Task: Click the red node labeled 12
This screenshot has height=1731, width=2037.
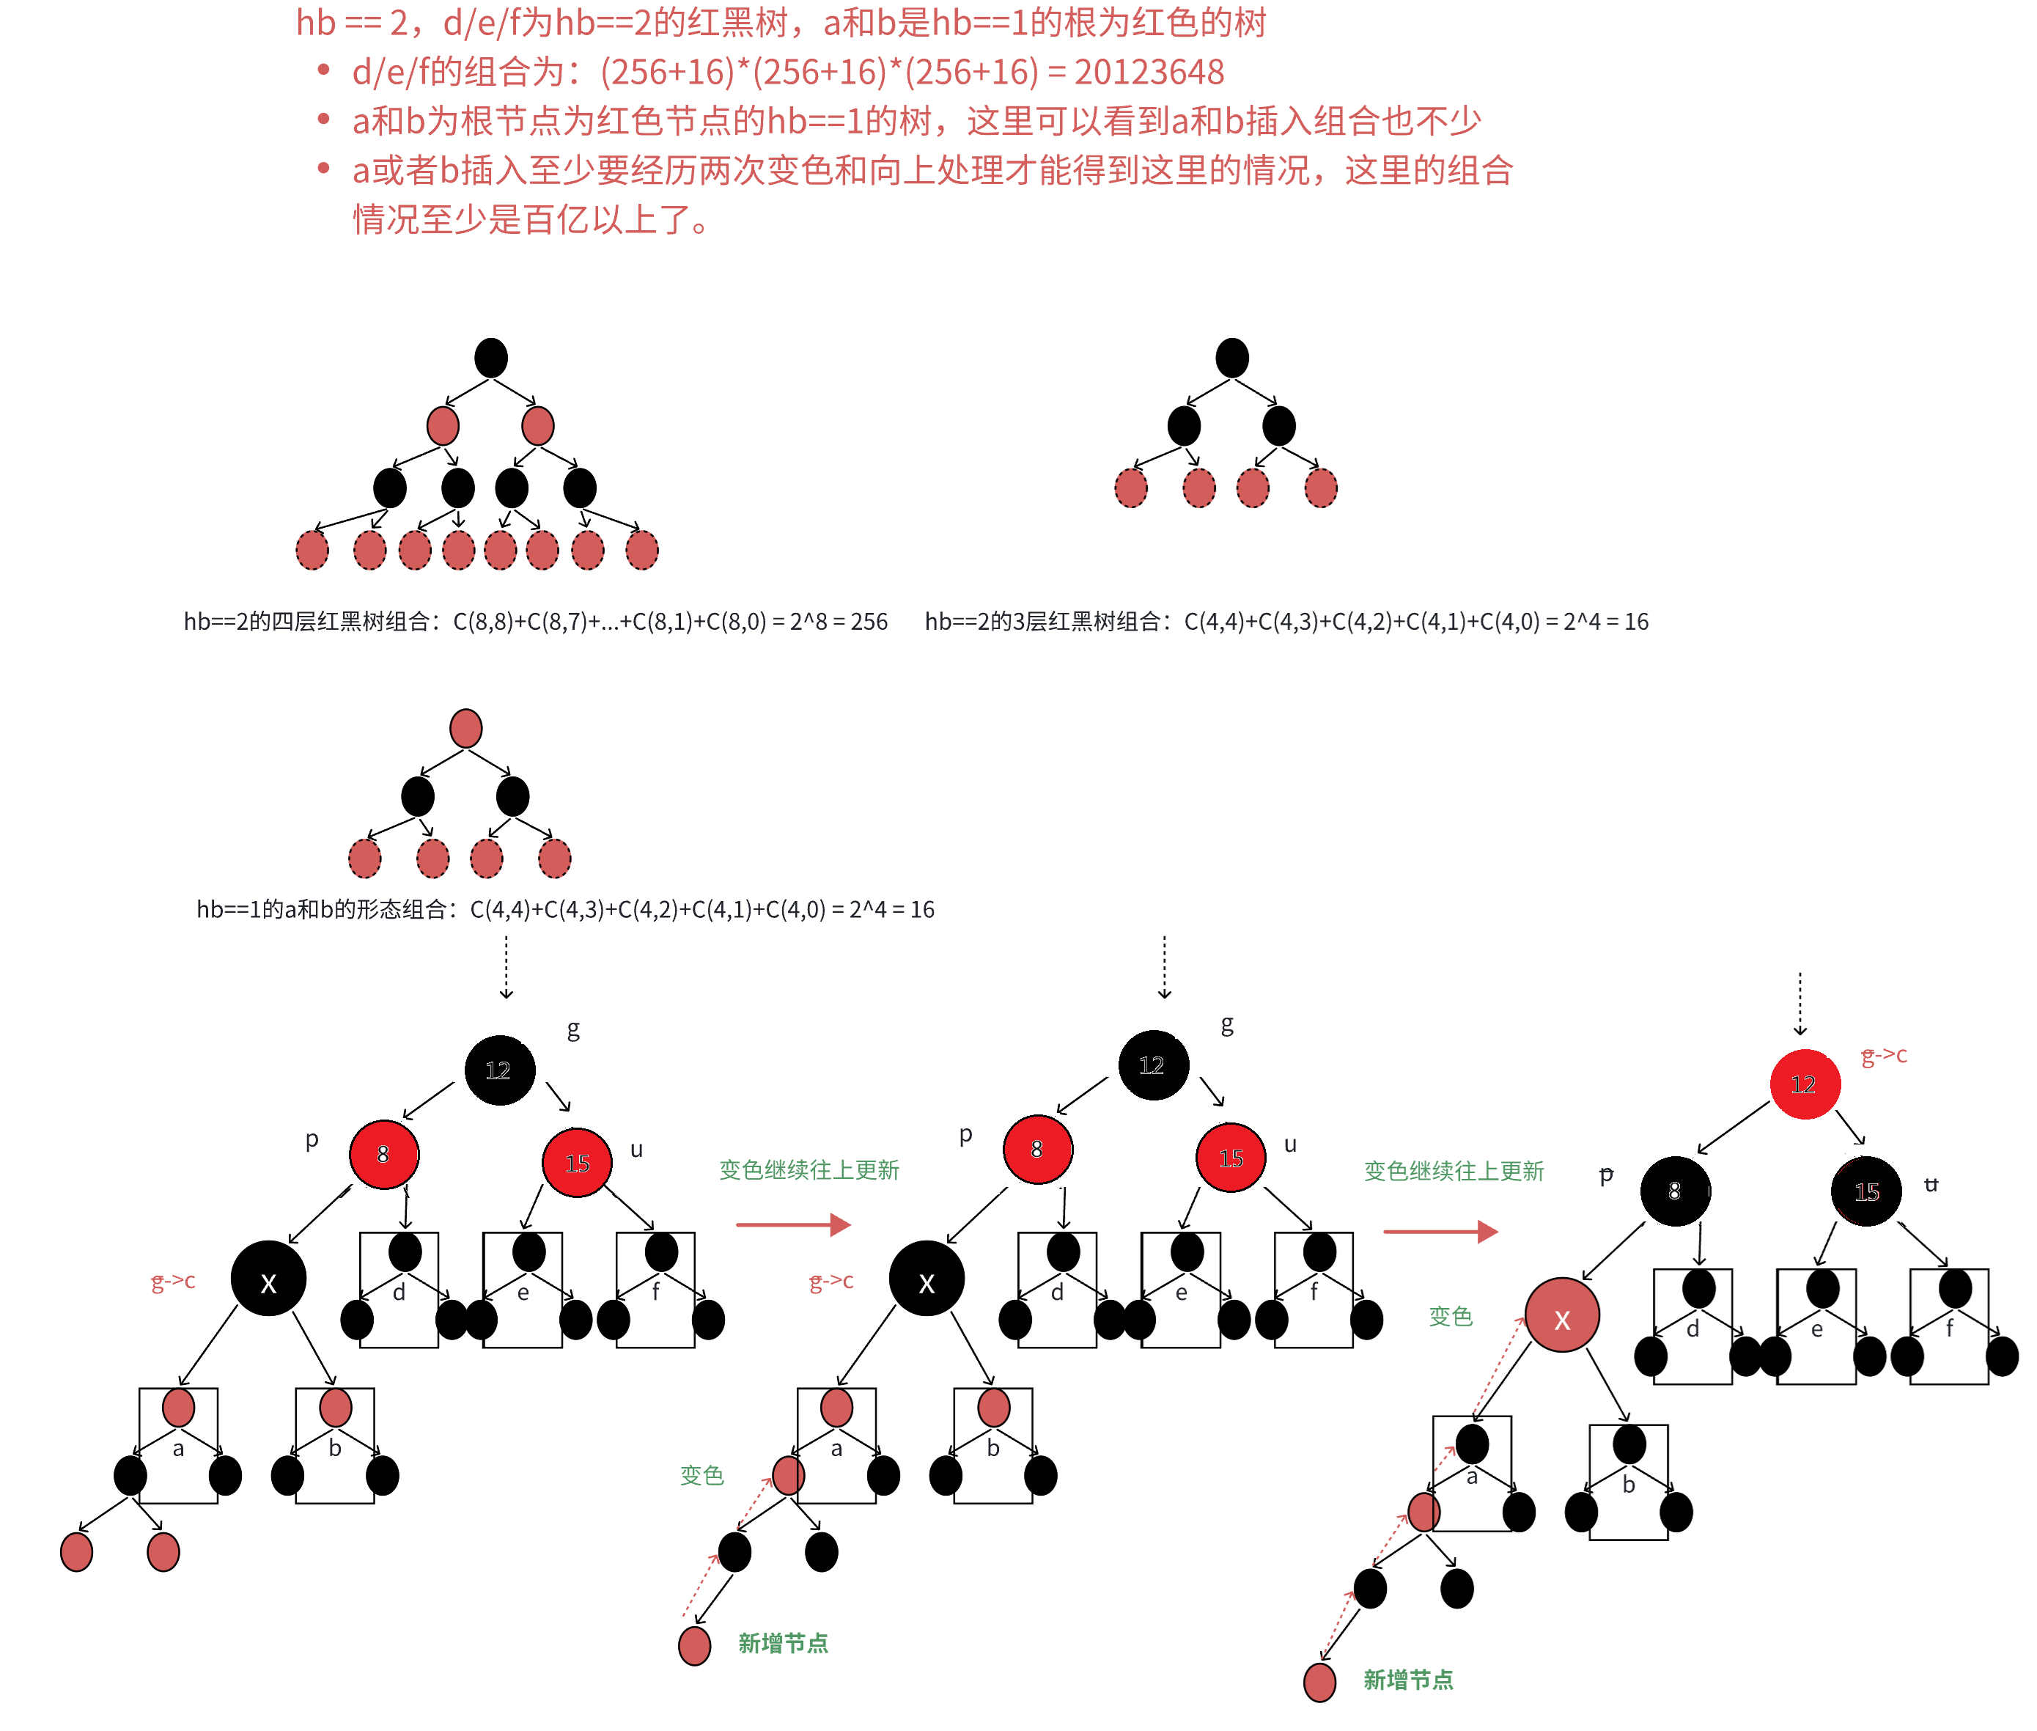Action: tap(1803, 1084)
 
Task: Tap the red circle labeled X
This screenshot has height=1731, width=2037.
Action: tap(1561, 1316)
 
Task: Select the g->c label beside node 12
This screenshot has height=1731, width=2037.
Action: tap(1884, 1055)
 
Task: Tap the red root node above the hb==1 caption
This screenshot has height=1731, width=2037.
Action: tap(465, 729)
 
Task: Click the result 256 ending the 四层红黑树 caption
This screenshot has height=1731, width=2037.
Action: tap(869, 622)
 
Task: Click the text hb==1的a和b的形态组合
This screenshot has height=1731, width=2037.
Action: tap(324, 910)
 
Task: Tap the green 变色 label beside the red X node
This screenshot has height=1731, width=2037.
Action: tap(1450, 1316)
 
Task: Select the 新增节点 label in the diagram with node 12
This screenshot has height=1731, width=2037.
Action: tap(1408, 1680)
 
